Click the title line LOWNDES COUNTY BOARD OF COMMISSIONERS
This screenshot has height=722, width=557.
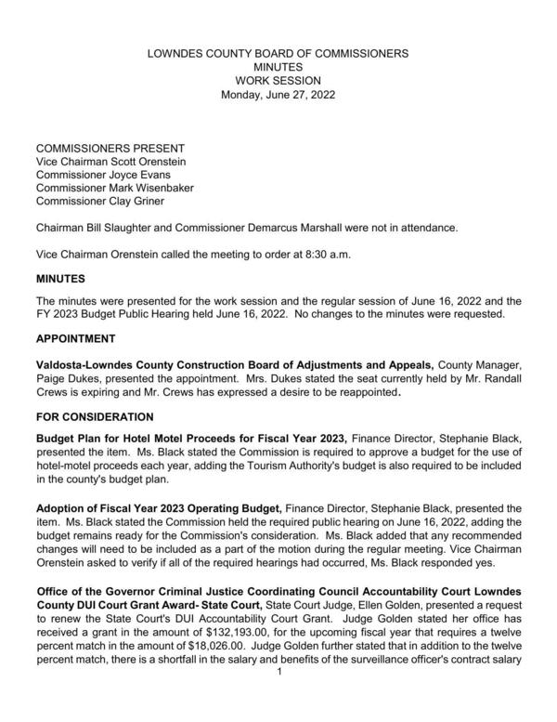pos(278,55)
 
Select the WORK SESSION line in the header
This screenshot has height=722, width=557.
pos(278,81)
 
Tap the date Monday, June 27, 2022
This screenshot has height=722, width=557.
pos(278,94)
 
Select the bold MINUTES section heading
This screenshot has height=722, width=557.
pos(60,278)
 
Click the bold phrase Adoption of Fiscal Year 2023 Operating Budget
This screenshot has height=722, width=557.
pos(158,509)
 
